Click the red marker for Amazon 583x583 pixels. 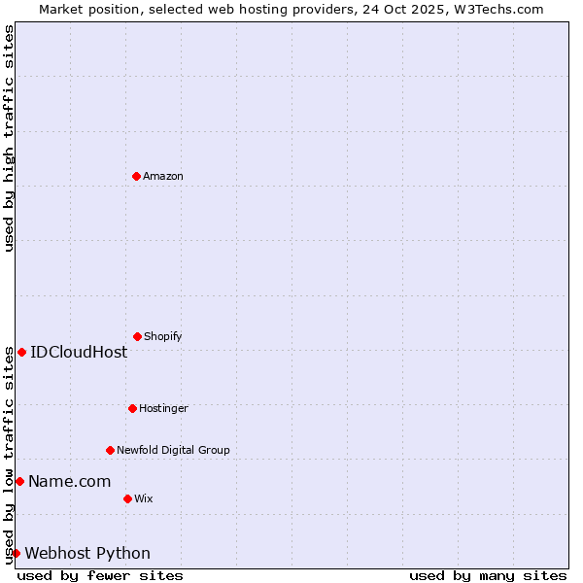point(136,176)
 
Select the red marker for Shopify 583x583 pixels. point(137,336)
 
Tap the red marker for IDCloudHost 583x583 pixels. point(21,352)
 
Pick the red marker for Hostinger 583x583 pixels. point(132,408)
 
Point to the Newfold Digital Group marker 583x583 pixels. point(110,450)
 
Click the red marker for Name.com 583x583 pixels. point(19,481)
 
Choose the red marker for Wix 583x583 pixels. point(127,498)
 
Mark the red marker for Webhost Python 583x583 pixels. point(16,553)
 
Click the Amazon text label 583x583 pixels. point(163,176)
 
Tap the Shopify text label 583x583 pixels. point(163,336)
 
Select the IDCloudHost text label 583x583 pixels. point(79,352)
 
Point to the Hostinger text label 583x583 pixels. point(163,408)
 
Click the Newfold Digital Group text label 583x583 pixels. point(173,450)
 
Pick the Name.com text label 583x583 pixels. point(69,481)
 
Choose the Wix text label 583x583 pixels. point(144,498)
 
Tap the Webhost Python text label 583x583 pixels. point(87,553)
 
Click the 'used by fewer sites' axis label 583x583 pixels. point(100,575)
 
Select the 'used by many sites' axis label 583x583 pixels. point(488,575)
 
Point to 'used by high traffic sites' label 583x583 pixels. point(9,138)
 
